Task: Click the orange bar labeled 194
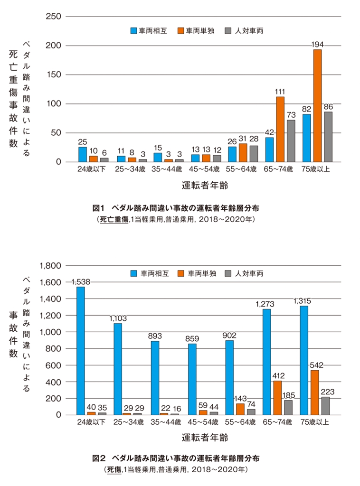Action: point(317,105)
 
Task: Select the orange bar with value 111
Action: point(280,129)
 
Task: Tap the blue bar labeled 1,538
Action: point(81,350)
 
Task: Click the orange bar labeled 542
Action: point(314,392)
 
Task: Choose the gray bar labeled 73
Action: point(291,140)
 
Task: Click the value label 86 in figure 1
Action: point(328,107)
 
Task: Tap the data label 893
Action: point(155,336)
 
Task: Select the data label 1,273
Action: point(266,304)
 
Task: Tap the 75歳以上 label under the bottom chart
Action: point(315,421)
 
